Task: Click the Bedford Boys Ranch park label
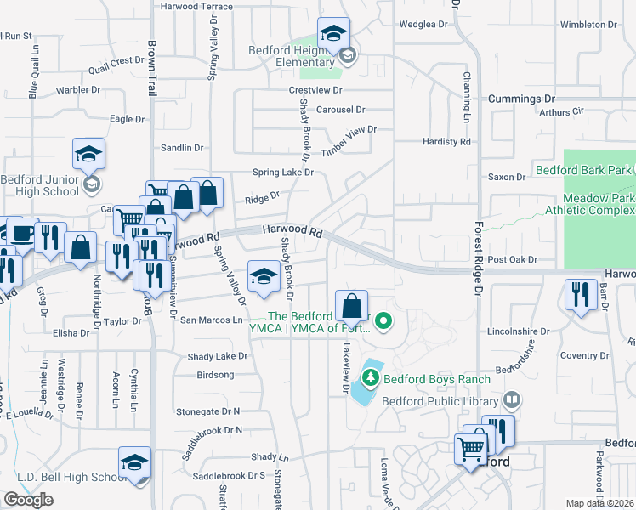(436, 379)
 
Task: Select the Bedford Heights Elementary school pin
(334, 34)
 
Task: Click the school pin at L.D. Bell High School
(134, 462)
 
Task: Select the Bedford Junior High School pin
(88, 154)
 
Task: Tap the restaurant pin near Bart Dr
(582, 294)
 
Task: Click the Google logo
(28, 500)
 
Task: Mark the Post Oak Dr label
(514, 260)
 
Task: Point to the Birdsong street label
(215, 374)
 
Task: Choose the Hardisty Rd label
(446, 142)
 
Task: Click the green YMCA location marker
(383, 321)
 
